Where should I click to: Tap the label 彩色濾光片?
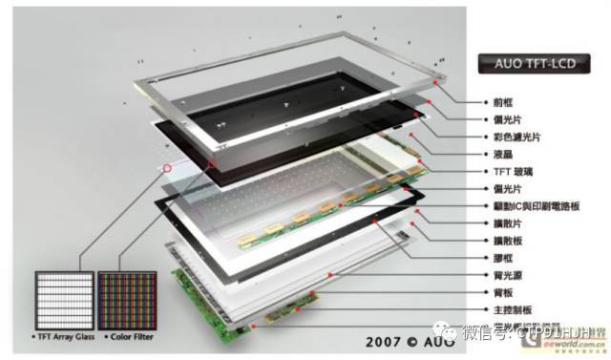[511, 137]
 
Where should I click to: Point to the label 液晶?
[501, 154]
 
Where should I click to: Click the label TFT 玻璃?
[511, 172]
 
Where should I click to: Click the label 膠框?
[501, 258]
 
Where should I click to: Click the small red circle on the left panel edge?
[168, 168]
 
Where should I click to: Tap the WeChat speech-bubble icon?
[448, 333]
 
